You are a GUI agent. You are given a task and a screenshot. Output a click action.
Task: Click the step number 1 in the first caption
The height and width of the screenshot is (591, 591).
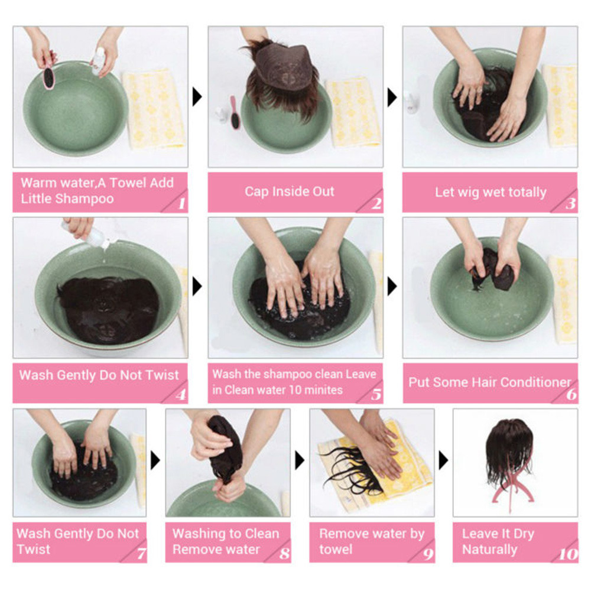click(181, 203)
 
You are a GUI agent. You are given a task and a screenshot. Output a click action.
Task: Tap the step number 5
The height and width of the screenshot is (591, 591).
click(376, 394)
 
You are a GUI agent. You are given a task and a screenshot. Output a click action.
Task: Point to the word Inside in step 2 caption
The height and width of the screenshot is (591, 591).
click(288, 191)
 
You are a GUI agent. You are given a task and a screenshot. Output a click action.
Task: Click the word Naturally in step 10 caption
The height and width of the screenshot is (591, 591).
click(489, 550)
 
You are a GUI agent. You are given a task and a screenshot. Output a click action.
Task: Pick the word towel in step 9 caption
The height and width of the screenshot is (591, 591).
click(336, 549)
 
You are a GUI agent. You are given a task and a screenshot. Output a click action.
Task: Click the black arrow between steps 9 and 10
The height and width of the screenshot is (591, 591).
click(444, 460)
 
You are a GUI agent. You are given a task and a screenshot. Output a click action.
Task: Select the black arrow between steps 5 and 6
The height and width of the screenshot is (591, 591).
click(392, 287)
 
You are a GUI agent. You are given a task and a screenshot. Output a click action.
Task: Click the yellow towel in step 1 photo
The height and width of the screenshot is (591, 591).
click(154, 109)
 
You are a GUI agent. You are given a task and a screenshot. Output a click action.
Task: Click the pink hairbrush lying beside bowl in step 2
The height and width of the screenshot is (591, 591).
click(235, 112)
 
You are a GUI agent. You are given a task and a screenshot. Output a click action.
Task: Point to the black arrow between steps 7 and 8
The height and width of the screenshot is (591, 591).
click(155, 460)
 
